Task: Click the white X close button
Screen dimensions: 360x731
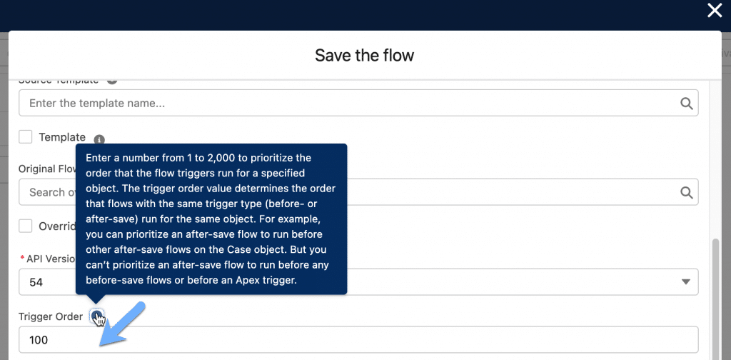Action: click(715, 10)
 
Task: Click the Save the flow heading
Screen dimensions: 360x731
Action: click(364, 55)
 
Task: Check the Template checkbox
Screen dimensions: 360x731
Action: click(26, 136)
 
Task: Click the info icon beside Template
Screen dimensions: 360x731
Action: click(99, 139)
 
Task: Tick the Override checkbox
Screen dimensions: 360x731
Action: click(26, 226)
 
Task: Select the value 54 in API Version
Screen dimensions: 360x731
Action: click(36, 282)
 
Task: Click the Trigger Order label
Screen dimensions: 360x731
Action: click(50, 316)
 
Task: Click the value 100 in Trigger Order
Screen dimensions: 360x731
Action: click(39, 340)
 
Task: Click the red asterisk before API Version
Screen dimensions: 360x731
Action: click(21, 259)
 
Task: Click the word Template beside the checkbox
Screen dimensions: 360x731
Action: click(62, 137)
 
